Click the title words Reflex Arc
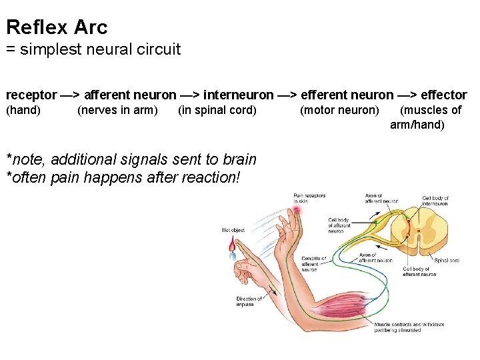point(57,27)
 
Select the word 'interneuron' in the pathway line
point(238,95)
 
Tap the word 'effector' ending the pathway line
point(443,95)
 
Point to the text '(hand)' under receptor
point(23,110)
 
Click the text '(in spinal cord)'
point(217,110)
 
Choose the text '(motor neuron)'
point(339,110)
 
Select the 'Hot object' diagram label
point(233,230)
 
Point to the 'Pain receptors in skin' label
point(309,198)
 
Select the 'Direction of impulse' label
point(249,302)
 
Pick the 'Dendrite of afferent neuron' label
point(313,264)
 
